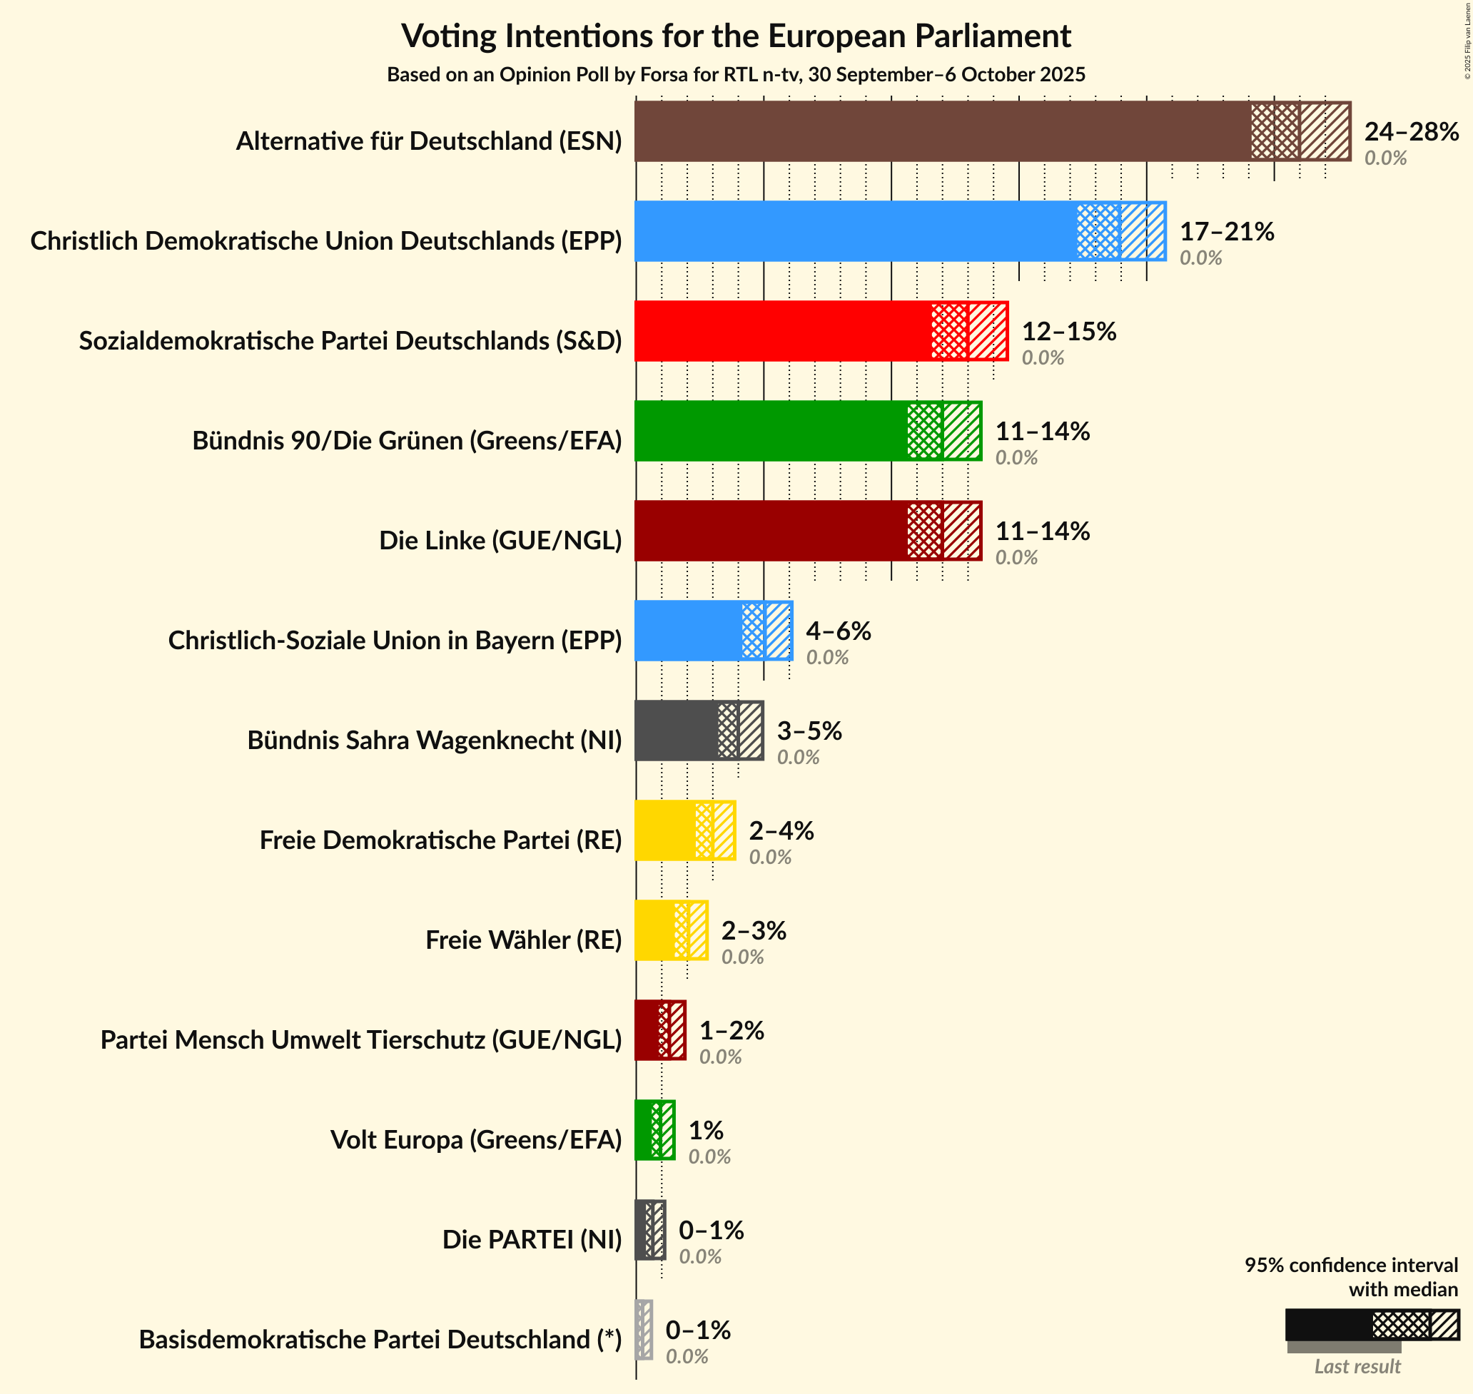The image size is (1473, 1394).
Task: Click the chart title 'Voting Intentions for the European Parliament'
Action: click(x=736, y=36)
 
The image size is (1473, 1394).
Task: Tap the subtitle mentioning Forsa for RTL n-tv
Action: click(x=736, y=75)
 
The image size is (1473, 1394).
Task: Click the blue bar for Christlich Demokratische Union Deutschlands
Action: click(x=855, y=231)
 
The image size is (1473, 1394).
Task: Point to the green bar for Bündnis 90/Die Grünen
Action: click(x=770, y=431)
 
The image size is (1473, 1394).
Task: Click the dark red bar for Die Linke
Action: click(x=770, y=531)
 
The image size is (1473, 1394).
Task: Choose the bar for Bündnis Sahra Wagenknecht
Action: click(x=677, y=731)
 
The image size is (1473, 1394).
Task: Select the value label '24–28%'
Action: click(x=1412, y=131)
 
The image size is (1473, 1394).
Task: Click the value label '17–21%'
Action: click(x=1227, y=232)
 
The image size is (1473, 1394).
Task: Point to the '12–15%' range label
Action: click(x=1068, y=332)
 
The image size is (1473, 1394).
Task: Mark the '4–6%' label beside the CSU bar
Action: click(x=839, y=631)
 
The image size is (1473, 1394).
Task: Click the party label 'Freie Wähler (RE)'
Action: click(x=523, y=940)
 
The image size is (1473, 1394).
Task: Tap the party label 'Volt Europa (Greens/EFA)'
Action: click(x=475, y=1139)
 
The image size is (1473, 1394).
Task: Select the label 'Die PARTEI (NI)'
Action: click(x=532, y=1239)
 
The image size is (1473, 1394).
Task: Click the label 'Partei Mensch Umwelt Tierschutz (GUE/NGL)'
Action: click(x=361, y=1039)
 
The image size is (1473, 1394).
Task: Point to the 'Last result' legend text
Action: click(x=1357, y=1365)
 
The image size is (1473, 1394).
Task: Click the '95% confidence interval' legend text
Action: click(x=1351, y=1265)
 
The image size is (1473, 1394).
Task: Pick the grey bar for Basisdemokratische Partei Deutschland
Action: click(x=644, y=1339)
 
